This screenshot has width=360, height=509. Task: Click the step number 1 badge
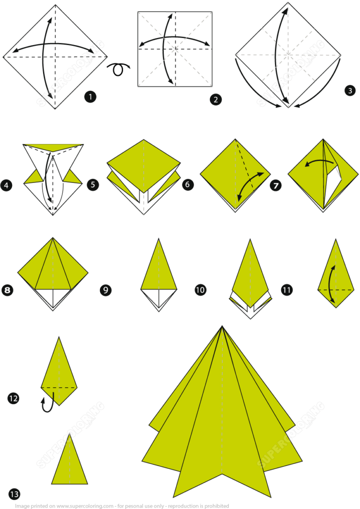click(x=90, y=97)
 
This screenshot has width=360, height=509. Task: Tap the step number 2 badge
click(x=216, y=99)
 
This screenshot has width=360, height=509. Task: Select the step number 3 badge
click(x=349, y=91)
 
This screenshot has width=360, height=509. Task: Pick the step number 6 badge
click(x=187, y=185)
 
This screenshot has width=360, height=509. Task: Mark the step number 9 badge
click(x=105, y=291)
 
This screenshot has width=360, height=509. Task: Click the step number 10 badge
click(x=200, y=291)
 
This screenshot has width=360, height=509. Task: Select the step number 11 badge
click(x=287, y=291)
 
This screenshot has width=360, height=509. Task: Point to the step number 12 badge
click(x=13, y=399)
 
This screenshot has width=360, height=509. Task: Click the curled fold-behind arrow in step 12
click(x=47, y=404)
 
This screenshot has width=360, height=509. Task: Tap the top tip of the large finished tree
click(x=222, y=327)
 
